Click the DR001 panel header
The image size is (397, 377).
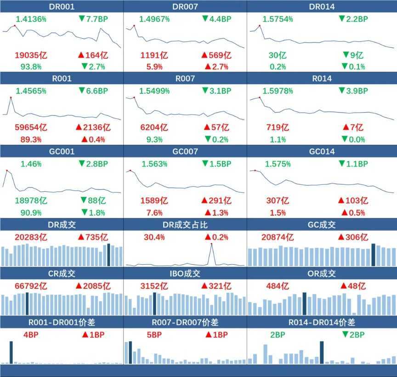tap(62, 6)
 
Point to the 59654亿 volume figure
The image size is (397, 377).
tap(32, 127)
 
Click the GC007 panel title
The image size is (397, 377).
tap(185, 151)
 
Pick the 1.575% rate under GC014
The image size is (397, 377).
tap(278, 164)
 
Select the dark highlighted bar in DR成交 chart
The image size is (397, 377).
tap(108, 254)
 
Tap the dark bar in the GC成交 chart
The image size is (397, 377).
tap(374, 254)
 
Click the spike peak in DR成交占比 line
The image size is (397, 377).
tap(211, 244)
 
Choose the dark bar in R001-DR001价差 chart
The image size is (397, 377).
tap(11, 352)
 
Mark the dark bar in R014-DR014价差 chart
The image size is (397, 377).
tap(322, 352)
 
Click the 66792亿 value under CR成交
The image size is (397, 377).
tap(32, 286)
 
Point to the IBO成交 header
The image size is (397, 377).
tap(185, 274)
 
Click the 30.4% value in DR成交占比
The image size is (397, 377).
tap(154, 237)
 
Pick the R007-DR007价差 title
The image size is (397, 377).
tap(185, 322)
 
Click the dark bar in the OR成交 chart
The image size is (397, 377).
tap(304, 303)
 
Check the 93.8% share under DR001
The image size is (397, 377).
tap(31, 66)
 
